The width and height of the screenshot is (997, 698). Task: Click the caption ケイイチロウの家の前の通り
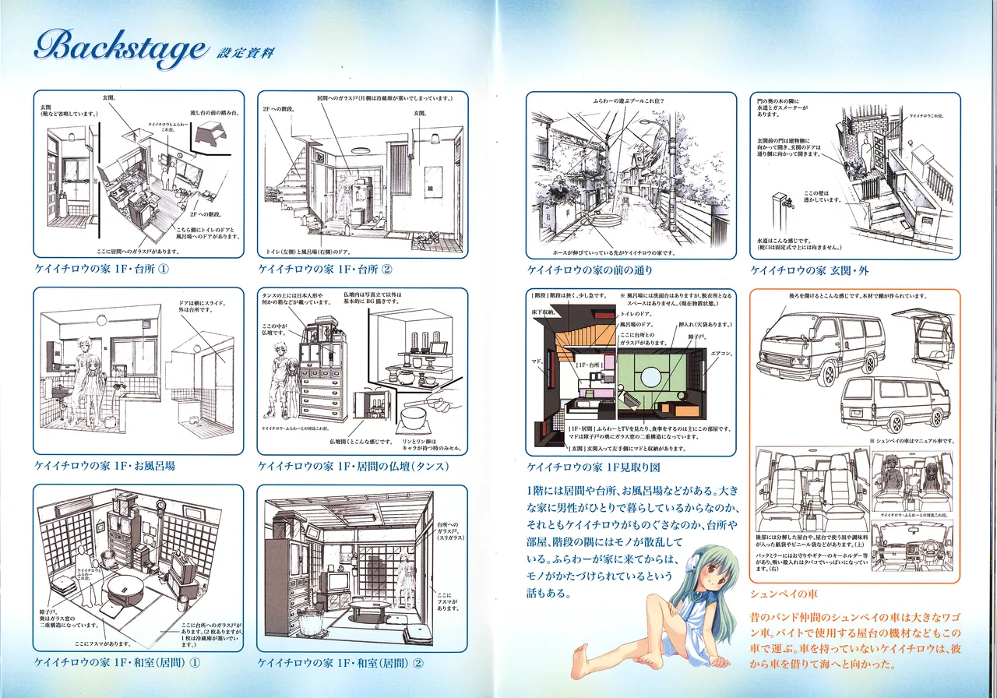coord(590,270)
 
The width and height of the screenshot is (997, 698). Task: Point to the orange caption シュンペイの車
coord(781,593)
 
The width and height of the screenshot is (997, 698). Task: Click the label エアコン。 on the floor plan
coord(720,353)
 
